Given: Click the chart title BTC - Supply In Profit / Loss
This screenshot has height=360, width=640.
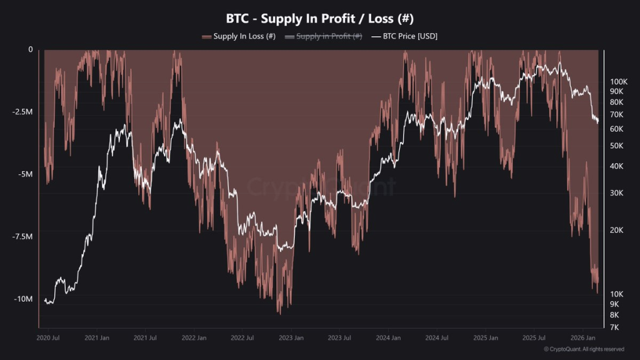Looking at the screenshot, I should click(x=319, y=18).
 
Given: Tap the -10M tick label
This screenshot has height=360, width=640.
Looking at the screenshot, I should click(x=23, y=299).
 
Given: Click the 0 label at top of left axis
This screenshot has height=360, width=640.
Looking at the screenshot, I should click(x=30, y=49).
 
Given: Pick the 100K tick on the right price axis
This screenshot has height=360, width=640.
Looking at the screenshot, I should click(x=618, y=81).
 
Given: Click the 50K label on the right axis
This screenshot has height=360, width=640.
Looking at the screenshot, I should click(x=616, y=146).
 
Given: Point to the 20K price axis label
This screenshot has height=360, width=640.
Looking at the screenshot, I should click(x=616, y=230).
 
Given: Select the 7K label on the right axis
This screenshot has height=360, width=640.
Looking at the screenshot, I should click(x=614, y=327).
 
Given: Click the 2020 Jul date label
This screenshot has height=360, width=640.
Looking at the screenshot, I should click(x=47, y=337).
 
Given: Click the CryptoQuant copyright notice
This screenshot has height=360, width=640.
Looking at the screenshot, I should click(x=583, y=349).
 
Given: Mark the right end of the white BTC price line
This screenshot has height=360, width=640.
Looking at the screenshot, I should click(x=598, y=121).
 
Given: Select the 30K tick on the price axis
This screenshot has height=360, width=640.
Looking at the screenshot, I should click(x=616, y=192).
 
